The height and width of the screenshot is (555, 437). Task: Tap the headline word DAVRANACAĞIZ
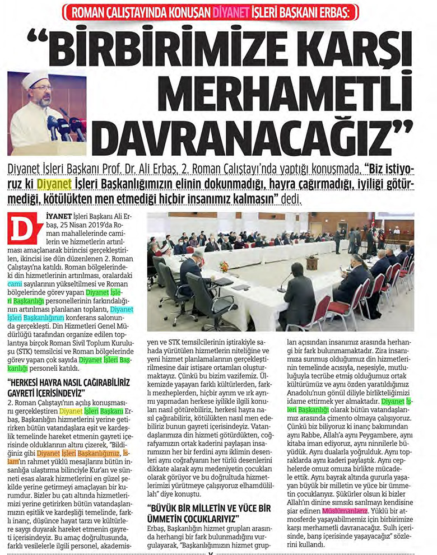(241, 132)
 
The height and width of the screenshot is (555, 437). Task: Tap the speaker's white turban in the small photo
(33, 81)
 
